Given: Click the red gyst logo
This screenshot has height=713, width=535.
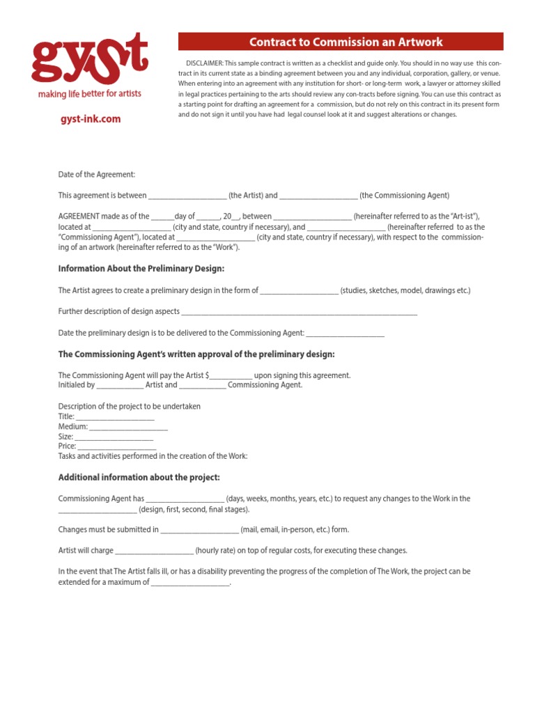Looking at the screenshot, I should point(89,59).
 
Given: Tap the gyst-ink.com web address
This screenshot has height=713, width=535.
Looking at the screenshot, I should point(90,119).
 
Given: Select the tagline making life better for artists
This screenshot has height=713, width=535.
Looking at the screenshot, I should point(89,94).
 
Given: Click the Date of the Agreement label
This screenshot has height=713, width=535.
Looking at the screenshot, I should point(96,175).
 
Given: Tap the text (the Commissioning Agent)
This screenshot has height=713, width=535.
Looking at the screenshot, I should point(405,196).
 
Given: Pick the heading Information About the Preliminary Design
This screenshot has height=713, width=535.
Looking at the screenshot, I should point(141,269).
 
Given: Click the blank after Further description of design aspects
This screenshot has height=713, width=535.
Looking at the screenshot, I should point(300,313).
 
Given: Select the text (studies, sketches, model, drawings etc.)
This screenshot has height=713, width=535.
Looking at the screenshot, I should point(405,290).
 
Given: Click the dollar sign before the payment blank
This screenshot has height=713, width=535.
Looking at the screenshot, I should point(208,375).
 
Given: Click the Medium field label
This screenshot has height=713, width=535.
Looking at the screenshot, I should point(72,426).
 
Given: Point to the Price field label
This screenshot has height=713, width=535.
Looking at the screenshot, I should point(67,446).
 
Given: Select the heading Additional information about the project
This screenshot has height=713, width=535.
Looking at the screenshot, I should point(139,478).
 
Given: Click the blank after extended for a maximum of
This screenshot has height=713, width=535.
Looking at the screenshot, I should point(190,583).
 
